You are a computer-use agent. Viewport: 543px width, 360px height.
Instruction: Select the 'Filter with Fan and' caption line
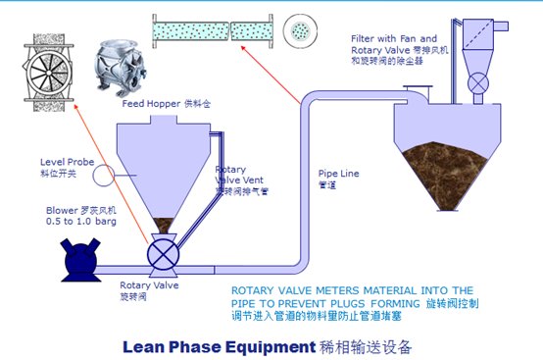click(394, 38)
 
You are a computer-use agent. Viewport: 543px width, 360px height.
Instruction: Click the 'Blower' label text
click(61, 210)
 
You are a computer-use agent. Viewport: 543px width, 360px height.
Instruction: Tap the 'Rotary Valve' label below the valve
click(134, 284)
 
